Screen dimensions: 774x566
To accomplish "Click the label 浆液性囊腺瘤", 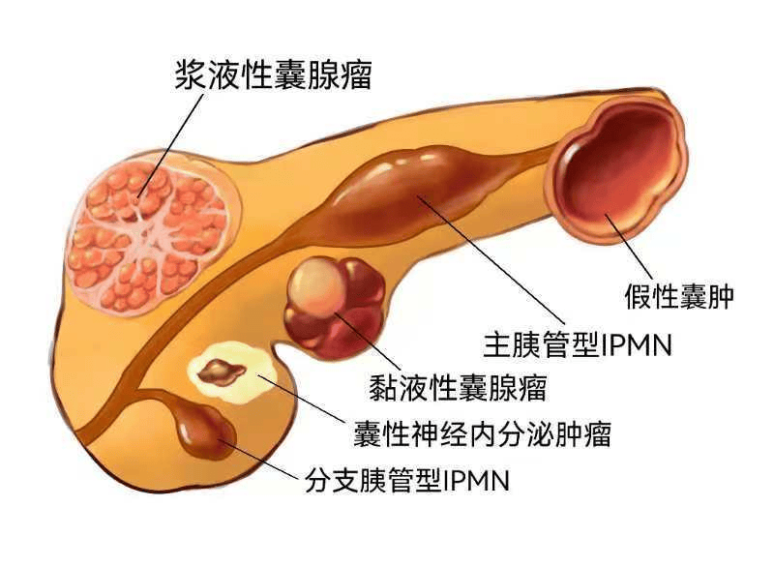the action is point(273,75).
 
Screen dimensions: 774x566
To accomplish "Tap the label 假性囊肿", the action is point(679,296).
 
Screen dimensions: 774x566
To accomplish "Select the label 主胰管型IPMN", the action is point(578,344).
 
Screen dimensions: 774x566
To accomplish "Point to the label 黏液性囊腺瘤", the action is point(458,388).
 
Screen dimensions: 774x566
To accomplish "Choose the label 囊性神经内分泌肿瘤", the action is point(482,434).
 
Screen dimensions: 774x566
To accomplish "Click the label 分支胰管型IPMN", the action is point(406,480).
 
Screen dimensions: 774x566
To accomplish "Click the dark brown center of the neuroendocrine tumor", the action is point(222,372).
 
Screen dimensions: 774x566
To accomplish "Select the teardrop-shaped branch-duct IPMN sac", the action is point(203,429).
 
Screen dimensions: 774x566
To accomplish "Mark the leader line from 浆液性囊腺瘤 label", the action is point(171,144).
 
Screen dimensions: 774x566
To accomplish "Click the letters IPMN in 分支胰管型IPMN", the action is point(477,480).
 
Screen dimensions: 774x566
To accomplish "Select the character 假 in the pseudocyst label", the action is point(638,296).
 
